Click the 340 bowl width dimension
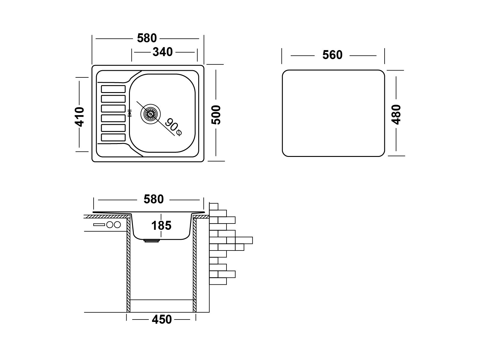tap(163, 52)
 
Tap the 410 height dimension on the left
tap(79, 117)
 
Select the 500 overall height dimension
tap(216, 115)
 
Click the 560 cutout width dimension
tap(332, 55)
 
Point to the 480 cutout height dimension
tap(396, 115)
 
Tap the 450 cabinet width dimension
tap(162, 319)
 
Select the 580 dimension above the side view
tap(154, 199)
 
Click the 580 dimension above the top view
tap(147, 38)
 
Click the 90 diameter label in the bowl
tap(173, 127)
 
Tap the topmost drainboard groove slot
tap(113, 89)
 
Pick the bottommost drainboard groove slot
tap(113, 137)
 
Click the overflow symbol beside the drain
tap(130, 113)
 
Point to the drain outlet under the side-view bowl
tap(151, 241)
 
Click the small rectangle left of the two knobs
tap(99, 224)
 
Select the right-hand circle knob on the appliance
tap(117, 225)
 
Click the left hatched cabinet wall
tap(129, 265)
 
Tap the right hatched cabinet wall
tap(195, 265)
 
